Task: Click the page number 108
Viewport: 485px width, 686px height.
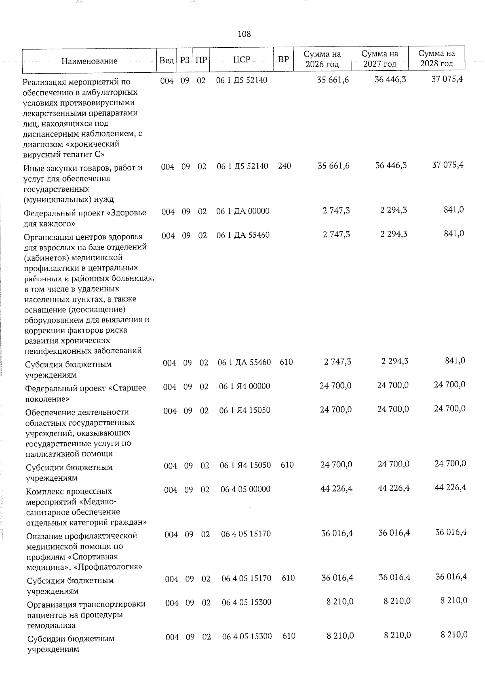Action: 244,34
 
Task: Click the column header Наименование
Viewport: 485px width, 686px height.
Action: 89,61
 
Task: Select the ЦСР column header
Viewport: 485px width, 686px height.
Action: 242,60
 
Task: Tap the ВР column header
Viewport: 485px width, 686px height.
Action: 284,59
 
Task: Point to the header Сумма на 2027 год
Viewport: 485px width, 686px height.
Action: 380,59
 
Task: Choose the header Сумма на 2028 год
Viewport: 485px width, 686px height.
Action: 436,59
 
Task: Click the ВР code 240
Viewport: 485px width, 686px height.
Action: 285,166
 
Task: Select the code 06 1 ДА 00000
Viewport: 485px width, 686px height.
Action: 243,211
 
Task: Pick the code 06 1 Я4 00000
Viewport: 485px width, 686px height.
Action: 245,386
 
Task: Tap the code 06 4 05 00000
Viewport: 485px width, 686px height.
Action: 245,489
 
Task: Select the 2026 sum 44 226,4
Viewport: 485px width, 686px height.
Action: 336,489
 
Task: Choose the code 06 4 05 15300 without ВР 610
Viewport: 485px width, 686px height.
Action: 247,602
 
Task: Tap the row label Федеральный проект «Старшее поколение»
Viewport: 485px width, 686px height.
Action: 86,393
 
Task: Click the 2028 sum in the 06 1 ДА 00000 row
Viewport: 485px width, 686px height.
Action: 453,209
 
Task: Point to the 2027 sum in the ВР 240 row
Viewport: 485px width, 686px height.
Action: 390,165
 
